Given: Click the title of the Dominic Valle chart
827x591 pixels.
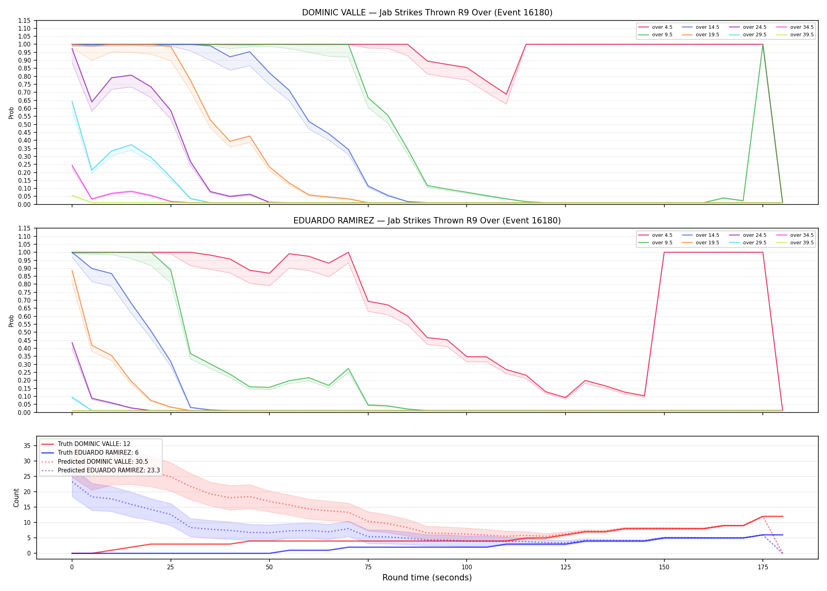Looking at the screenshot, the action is [x=427, y=13].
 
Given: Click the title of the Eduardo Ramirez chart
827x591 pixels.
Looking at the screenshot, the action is [x=427, y=221].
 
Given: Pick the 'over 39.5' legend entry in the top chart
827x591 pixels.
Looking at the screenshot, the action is [x=795, y=35].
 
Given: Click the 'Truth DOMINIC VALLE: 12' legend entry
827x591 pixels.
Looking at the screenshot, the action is [x=86, y=444].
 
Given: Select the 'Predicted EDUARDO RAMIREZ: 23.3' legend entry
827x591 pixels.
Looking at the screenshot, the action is [x=101, y=470].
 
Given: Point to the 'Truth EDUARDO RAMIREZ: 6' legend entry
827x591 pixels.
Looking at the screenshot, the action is [x=90, y=453].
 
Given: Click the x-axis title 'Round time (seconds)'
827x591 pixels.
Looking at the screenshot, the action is [x=427, y=578].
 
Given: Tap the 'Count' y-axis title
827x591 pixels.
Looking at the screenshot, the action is [x=16, y=498].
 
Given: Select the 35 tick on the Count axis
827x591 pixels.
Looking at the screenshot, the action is [x=28, y=446].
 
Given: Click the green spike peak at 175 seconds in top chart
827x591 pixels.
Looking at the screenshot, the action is [x=763, y=45].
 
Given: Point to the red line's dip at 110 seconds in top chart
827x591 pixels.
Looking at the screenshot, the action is [x=506, y=94].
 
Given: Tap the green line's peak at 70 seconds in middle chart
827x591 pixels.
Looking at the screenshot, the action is [x=348, y=369].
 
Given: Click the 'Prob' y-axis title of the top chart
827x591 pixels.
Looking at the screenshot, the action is [x=11, y=113].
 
